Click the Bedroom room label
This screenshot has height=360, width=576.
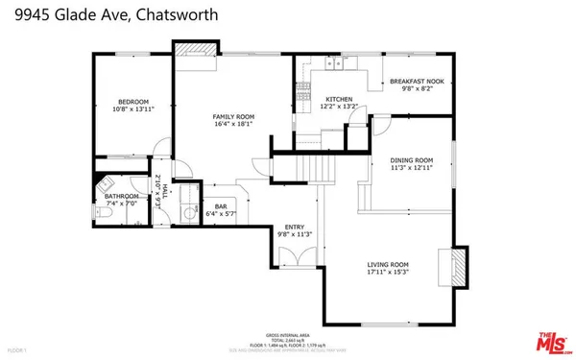(132, 101)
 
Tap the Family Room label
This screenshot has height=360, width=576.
(232, 116)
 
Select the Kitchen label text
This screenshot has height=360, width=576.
(339, 99)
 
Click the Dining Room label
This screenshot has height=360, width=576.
(411, 160)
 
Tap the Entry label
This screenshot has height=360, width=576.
(295, 227)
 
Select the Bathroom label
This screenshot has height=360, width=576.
(122, 197)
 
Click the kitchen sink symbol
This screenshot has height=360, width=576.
(334, 64)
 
